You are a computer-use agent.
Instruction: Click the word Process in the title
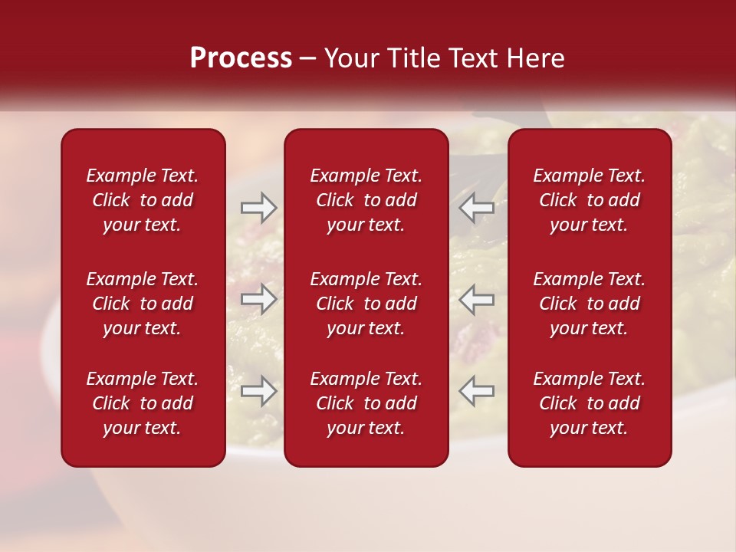(241, 58)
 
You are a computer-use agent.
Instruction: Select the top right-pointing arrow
(258, 208)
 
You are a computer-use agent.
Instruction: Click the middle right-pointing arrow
(258, 299)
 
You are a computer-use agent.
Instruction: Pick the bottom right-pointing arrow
(258, 391)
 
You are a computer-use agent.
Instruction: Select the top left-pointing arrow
(476, 208)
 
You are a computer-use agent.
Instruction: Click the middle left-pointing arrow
(476, 299)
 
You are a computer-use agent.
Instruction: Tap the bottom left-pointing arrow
(476, 391)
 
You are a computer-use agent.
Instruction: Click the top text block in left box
(143, 200)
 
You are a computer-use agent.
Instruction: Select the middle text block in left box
(143, 304)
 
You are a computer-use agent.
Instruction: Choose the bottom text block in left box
(143, 403)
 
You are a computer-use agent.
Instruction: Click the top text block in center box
(366, 200)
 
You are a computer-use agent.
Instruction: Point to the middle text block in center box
(366, 304)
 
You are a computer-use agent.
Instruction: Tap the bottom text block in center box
(366, 403)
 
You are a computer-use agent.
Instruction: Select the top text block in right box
(589, 200)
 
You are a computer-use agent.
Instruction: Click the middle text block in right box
(589, 304)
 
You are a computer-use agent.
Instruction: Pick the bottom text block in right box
(589, 403)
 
